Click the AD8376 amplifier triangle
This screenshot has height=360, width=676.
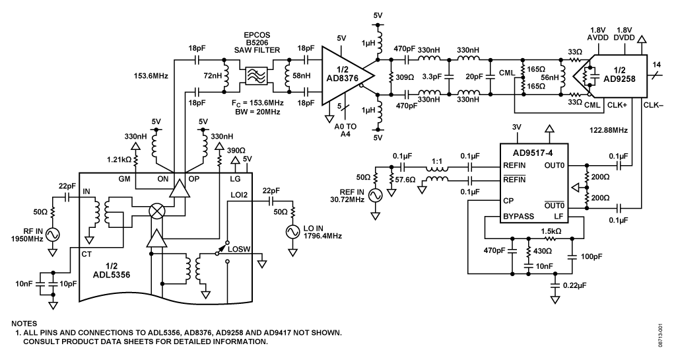coord(345,76)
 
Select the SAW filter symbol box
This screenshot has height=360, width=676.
coord(257,76)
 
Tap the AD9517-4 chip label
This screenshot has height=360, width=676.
coord(533,153)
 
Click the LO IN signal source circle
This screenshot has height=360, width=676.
coord(292,232)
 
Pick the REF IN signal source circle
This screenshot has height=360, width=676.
coord(376,196)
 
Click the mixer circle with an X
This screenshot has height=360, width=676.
coord(155,211)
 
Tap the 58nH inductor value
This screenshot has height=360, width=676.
coord(301,76)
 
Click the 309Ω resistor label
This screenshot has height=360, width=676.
coord(405,77)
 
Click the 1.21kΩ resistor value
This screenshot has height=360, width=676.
coord(119,160)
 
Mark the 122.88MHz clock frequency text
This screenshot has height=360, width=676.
coord(608,129)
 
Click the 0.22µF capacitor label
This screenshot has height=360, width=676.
coord(575,285)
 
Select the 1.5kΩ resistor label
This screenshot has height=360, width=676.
coord(551,231)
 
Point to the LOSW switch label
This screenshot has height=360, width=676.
coord(239,249)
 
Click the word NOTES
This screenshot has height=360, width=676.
coord(24,324)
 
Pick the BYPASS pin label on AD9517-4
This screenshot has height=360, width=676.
coord(519,217)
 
